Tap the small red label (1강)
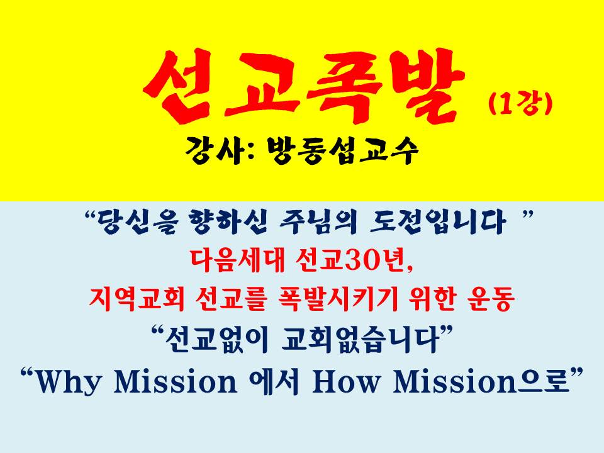coord(520,104)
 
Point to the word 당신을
coord(138,223)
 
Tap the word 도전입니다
coord(437,223)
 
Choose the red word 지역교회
coord(137,299)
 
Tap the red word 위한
coord(432,299)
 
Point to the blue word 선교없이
coord(216,339)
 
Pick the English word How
coord(345,381)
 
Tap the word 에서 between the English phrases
coord(274,381)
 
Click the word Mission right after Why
coord(176,381)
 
